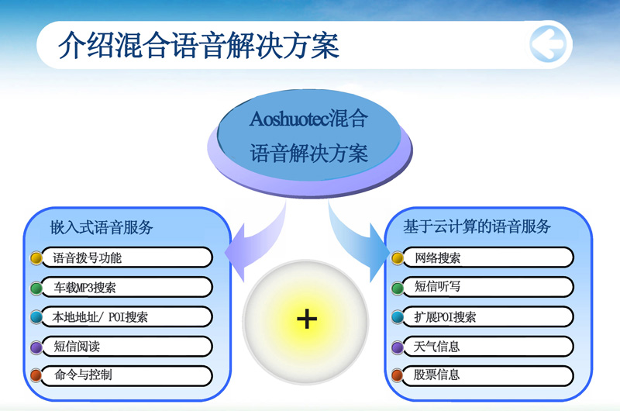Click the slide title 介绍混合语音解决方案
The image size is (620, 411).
pos(199,45)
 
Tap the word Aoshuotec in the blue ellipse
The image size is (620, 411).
pos(289,119)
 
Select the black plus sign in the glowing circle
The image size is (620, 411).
pos(307,319)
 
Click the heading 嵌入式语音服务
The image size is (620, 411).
pos(102,227)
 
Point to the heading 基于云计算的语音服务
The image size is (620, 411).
pos(477,226)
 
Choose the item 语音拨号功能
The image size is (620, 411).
pos(88,258)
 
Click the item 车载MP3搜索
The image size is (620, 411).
pos(84,288)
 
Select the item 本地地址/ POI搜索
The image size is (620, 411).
pos(100,317)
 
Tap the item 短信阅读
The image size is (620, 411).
pos(77,347)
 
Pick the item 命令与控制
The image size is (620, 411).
pos(83,375)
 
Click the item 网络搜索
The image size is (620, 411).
pos(437,258)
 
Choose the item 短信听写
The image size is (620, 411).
pos(437,286)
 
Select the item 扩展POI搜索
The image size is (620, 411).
pos(445,317)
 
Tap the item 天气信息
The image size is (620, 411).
pos(436,347)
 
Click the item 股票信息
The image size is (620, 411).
pos(436,375)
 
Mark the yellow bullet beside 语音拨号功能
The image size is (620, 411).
pos(36,258)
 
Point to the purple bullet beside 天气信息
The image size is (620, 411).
pos(398,347)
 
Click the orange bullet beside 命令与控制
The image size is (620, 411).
pos(36,375)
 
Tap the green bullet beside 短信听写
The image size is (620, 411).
pos(398,288)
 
